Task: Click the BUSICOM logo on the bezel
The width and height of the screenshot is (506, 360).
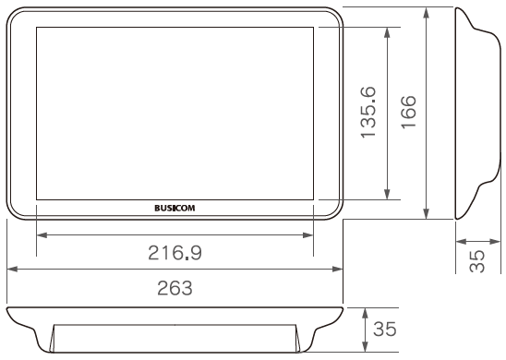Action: pyautogui.click(x=175, y=208)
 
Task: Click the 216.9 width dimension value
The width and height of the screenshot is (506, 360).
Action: pyautogui.click(x=175, y=253)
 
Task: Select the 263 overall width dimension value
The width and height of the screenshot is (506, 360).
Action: pyautogui.click(x=175, y=288)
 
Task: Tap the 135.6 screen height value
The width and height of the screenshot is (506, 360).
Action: pyautogui.click(x=368, y=113)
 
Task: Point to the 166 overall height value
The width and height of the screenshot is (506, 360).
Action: pyautogui.click(x=409, y=113)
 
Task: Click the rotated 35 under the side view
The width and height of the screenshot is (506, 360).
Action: pyautogui.click(x=477, y=261)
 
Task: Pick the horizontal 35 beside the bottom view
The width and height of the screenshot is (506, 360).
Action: pyautogui.click(x=385, y=329)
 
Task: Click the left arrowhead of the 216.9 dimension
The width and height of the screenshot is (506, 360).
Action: pyautogui.click(x=42, y=235)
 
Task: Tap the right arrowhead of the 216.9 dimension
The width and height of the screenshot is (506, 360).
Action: pyautogui.click(x=308, y=235)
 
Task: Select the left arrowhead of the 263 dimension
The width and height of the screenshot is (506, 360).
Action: pyautogui.click(x=12, y=269)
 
